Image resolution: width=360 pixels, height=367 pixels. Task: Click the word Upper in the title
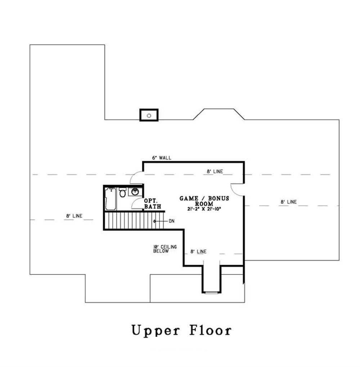pos(155,330)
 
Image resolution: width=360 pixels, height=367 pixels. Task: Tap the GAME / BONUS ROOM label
pos(204,201)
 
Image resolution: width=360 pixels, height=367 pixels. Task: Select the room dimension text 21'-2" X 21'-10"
pos(204,209)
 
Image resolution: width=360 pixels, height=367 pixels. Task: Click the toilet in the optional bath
pos(122,193)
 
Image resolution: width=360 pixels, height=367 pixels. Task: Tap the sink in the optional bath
pos(135,192)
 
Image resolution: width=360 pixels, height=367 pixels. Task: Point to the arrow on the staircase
pos(158,221)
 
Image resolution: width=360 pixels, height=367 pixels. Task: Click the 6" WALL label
pos(161,158)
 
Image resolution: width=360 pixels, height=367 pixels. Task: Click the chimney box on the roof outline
pos(149,115)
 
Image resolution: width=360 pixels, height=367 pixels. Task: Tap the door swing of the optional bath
pos(138,204)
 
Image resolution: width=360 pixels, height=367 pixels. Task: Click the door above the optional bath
pos(137,178)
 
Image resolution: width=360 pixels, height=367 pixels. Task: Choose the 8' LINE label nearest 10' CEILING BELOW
pos(198,252)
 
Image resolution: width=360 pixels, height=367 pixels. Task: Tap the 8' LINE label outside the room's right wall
pos(288,202)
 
